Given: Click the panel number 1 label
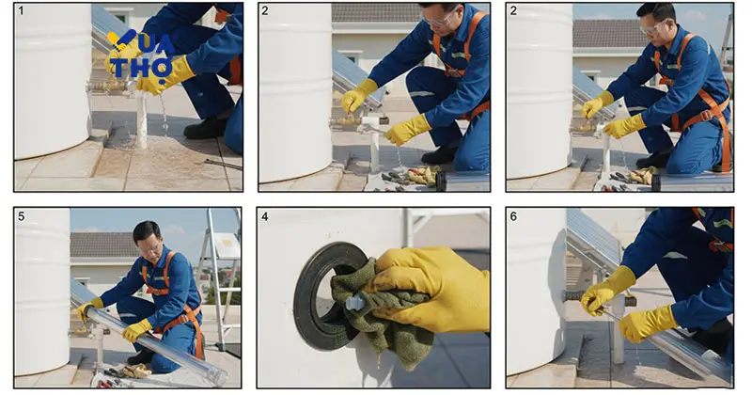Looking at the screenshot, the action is coord(21,10).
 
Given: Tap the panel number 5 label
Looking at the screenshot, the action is coord(21,216).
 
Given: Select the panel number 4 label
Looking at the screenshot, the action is coord(265,216).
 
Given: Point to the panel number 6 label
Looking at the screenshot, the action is coord(513,216).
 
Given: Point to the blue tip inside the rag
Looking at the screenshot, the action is coord(355,303).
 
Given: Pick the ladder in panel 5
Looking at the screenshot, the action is coord(221,278).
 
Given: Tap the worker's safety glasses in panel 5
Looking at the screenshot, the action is coord(150,248).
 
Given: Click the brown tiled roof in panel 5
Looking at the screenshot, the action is coord(102,245).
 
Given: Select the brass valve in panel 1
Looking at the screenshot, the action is coord(109,87).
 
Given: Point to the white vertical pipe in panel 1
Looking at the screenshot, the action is coord(141,119).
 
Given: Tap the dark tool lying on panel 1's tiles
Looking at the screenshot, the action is coord(223,165).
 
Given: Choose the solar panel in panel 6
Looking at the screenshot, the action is coord(593,240).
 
